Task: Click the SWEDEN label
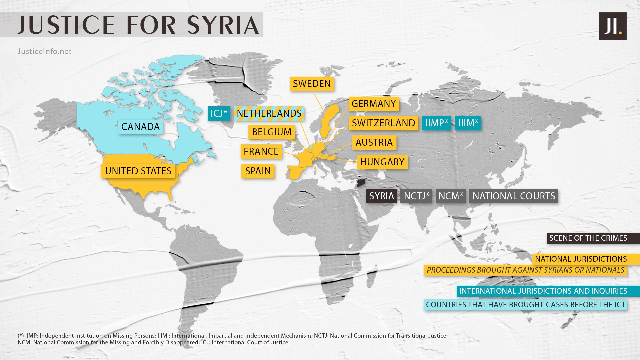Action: coord(312,84)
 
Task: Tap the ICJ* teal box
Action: coord(219,113)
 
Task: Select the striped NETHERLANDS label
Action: coord(269,113)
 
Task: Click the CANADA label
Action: coord(140,127)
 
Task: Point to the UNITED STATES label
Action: coord(138,171)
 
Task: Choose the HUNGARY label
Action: coord(382,162)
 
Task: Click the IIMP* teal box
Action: coord(436,123)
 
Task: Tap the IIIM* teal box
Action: coord(468,123)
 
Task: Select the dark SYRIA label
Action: coord(381,196)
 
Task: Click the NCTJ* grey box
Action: coord(416,196)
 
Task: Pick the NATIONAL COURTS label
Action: coord(513,196)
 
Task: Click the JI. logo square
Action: coord(612,26)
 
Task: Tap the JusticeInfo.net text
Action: coord(44,51)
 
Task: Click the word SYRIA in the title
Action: coord(223,25)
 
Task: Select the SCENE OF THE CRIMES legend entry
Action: coord(588,238)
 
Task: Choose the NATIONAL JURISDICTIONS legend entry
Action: coord(581,259)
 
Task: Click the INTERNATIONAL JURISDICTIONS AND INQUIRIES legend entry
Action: coord(543,291)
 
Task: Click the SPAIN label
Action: coord(258,171)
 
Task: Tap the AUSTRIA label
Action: coord(374,142)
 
